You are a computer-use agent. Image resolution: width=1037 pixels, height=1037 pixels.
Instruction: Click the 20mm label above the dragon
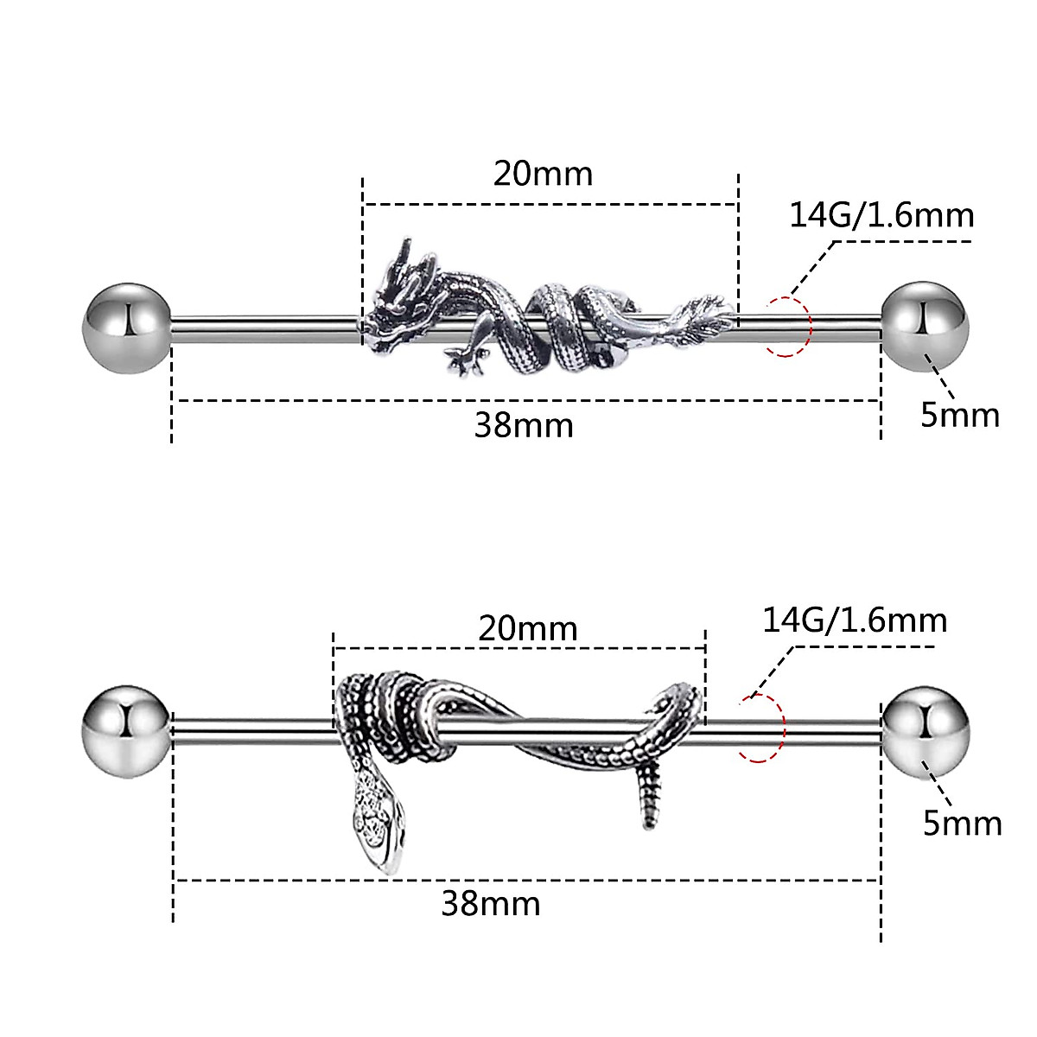point(544,174)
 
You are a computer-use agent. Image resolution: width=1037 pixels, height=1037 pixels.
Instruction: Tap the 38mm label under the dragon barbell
point(524,425)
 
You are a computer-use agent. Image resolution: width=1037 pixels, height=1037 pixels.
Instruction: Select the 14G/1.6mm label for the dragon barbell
point(881,214)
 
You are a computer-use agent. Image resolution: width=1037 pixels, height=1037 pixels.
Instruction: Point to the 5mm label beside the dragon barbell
point(959,416)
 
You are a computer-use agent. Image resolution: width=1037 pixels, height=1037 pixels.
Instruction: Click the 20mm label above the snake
point(528,628)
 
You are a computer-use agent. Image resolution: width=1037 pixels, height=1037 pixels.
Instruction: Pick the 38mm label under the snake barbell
point(491,904)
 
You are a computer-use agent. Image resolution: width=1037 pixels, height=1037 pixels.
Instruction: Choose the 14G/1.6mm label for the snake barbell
point(855,620)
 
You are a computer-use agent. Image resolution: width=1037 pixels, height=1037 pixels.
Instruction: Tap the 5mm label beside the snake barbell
point(962,823)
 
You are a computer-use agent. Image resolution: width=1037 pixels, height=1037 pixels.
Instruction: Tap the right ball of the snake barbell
point(926,731)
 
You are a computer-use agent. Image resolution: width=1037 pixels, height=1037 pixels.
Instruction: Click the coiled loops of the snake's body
point(393,717)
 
